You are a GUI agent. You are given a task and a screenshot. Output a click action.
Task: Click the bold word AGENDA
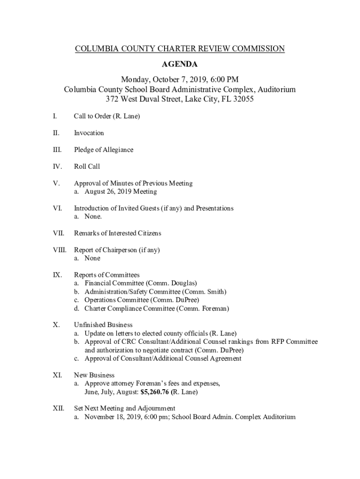point(180,64)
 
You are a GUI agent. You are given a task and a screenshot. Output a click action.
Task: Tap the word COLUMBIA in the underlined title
point(95,49)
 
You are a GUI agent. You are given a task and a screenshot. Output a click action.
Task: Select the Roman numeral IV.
point(56,167)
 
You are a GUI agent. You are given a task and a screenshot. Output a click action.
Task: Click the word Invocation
point(89,133)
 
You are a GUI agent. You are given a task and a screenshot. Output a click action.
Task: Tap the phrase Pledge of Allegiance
point(103,150)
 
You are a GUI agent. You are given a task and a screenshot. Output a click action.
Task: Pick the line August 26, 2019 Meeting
point(121,191)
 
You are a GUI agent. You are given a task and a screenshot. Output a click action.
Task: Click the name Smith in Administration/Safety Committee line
point(215,292)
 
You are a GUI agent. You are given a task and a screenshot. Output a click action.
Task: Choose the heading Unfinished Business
point(103,325)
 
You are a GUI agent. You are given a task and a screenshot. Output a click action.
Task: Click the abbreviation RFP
point(277,342)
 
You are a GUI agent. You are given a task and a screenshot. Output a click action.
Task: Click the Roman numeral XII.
point(58,408)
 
